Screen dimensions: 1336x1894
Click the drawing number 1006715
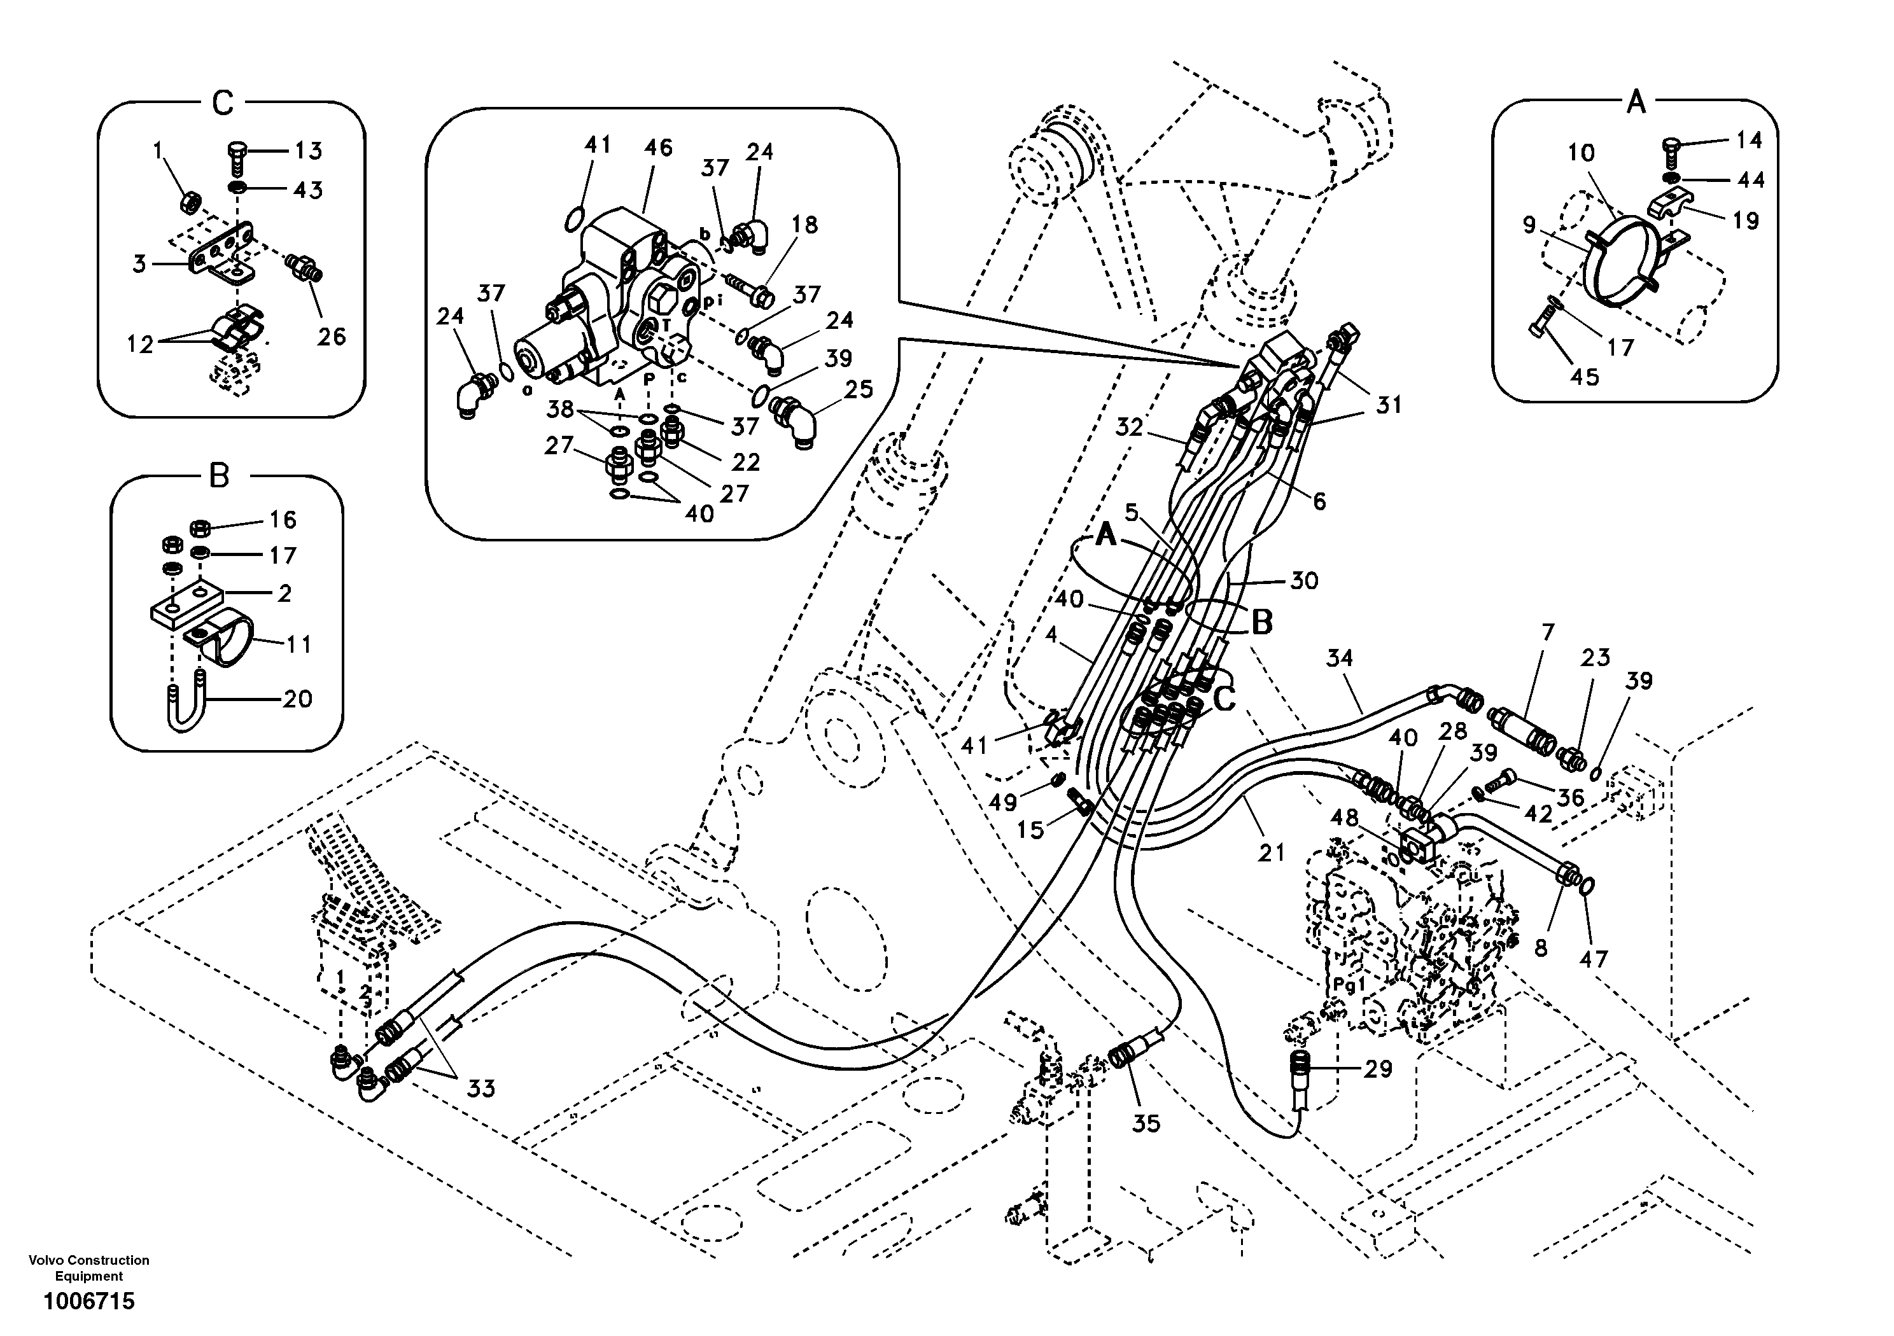(x=88, y=1302)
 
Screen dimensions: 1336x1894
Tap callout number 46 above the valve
(x=657, y=148)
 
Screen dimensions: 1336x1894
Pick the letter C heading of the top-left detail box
(x=223, y=104)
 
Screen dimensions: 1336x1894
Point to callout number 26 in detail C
(x=332, y=337)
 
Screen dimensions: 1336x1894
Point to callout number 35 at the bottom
(x=1146, y=1124)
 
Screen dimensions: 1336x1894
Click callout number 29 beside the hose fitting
(x=1378, y=1069)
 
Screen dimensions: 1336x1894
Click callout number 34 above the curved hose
(x=1340, y=658)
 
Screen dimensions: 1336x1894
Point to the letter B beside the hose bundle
(x=1262, y=623)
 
